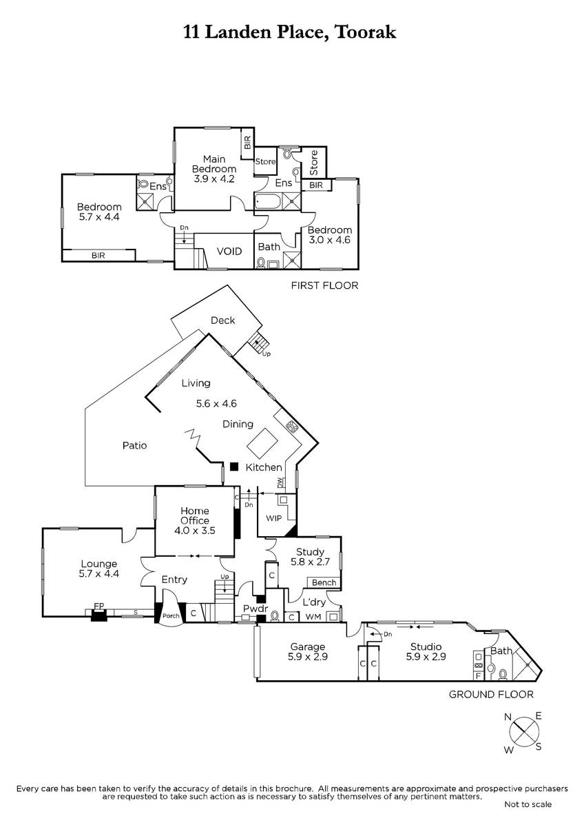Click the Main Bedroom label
[214, 164]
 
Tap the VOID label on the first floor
[229, 252]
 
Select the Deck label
[223, 320]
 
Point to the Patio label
[135, 445]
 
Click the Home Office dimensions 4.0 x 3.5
[195, 531]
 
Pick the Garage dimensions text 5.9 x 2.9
[308, 656]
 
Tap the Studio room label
[426, 646]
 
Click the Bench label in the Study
[324, 582]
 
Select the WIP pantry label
[273, 518]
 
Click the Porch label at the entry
[171, 615]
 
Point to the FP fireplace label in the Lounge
[99, 606]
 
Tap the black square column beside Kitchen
[233, 467]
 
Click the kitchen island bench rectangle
[262, 443]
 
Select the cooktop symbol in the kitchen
[293, 427]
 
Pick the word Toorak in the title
[366, 32]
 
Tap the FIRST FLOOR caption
[324, 285]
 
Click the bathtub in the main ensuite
[268, 203]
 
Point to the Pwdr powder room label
[255, 609]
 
